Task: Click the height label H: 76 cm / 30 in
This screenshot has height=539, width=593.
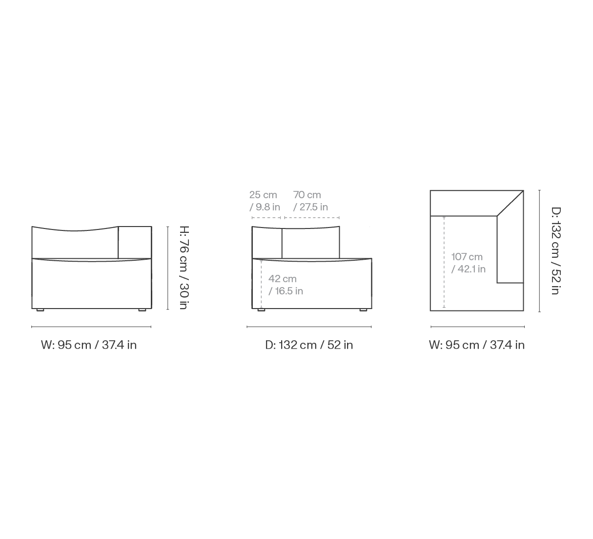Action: [184, 268]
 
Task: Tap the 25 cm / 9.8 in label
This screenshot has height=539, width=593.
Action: [265, 201]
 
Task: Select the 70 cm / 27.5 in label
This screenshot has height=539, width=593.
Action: [310, 201]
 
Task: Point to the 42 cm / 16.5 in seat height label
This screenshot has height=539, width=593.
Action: [286, 285]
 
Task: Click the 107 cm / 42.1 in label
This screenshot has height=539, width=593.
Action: [468, 263]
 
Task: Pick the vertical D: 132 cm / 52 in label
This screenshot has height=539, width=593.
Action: [556, 251]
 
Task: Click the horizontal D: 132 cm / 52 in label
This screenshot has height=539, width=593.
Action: [309, 345]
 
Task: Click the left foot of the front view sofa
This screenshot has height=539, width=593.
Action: [40, 310]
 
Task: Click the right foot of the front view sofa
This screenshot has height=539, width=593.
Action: [142, 310]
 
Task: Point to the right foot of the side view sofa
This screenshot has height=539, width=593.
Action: [363, 310]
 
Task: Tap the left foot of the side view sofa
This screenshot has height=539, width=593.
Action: [261, 310]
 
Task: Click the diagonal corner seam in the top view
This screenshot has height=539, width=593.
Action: [510, 203]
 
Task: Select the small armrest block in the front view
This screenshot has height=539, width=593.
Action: [135, 243]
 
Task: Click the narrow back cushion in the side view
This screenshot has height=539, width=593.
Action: [267, 243]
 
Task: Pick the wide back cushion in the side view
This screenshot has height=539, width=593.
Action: [311, 243]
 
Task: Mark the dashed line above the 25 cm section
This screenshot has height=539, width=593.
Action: [266, 218]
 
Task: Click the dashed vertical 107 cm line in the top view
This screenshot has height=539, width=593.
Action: [444, 262]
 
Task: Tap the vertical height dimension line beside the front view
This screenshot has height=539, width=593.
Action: [167, 268]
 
